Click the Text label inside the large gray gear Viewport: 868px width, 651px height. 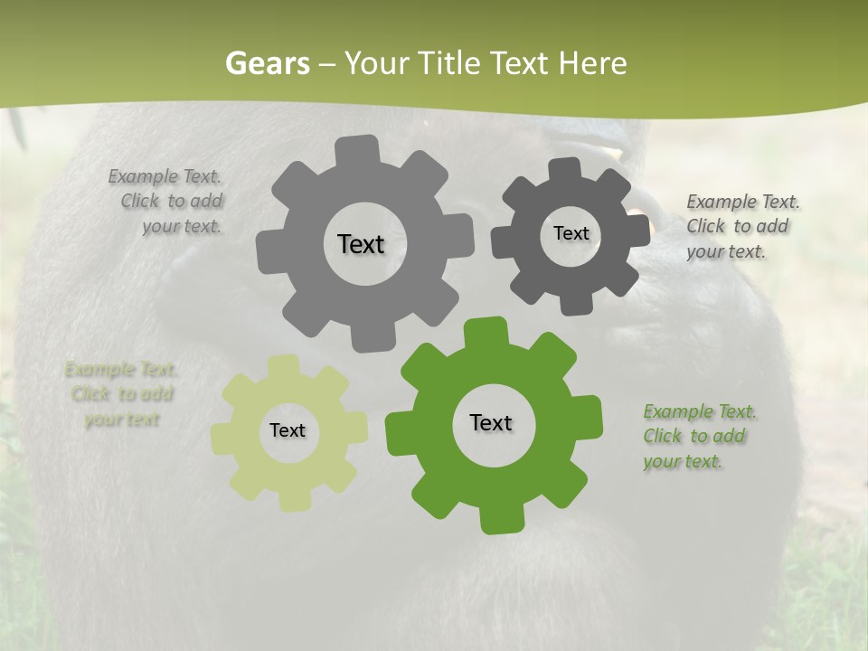(361, 244)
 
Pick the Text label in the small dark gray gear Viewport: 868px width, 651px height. (571, 233)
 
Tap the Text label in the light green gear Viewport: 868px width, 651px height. (288, 430)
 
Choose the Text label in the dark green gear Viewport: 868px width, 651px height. (491, 422)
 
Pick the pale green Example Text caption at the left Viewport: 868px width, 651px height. (122, 394)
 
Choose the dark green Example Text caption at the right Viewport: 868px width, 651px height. (699, 436)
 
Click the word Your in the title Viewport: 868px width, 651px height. (374, 63)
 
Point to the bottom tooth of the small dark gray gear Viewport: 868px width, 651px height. (576, 304)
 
